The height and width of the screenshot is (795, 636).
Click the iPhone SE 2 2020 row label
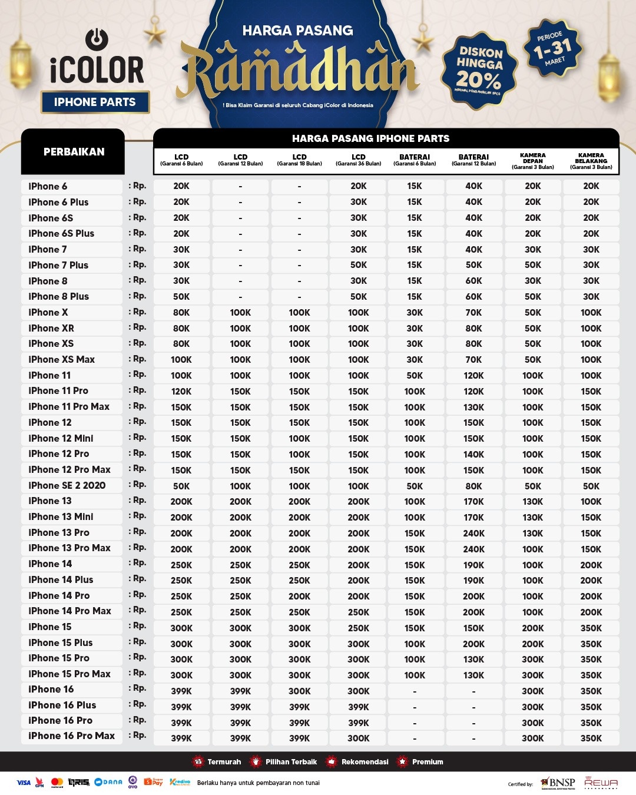(x=67, y=485)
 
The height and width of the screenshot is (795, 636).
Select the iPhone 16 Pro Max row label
(x=72, y=736)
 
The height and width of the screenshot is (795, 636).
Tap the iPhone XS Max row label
(x=62, y=359)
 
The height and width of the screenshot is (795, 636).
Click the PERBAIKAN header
(x=74, y=151)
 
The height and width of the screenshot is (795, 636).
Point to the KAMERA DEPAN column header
(x=533, y=161)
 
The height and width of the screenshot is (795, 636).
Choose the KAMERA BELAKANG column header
(x=591, y=161)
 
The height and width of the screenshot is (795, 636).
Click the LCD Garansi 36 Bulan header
(x=358, y=160)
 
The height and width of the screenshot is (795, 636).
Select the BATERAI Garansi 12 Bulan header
(x=474, y=160)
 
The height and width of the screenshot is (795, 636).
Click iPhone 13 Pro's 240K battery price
(x=474, y=533)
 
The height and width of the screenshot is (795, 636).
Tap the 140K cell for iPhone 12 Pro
(x=474, y=454)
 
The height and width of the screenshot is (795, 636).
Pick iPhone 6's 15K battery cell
(x=415, y=186)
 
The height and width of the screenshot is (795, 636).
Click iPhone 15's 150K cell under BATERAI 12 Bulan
(x=474, y=628)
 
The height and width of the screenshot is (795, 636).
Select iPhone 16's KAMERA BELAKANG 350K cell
(x=591, y=691)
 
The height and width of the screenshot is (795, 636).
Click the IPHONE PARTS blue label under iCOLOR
(x=95, y=102)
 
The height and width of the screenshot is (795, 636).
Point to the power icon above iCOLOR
(x=97, y=39)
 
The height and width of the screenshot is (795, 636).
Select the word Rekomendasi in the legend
(x=365, y=762)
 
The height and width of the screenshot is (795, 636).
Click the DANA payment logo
(x=108, y=782)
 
